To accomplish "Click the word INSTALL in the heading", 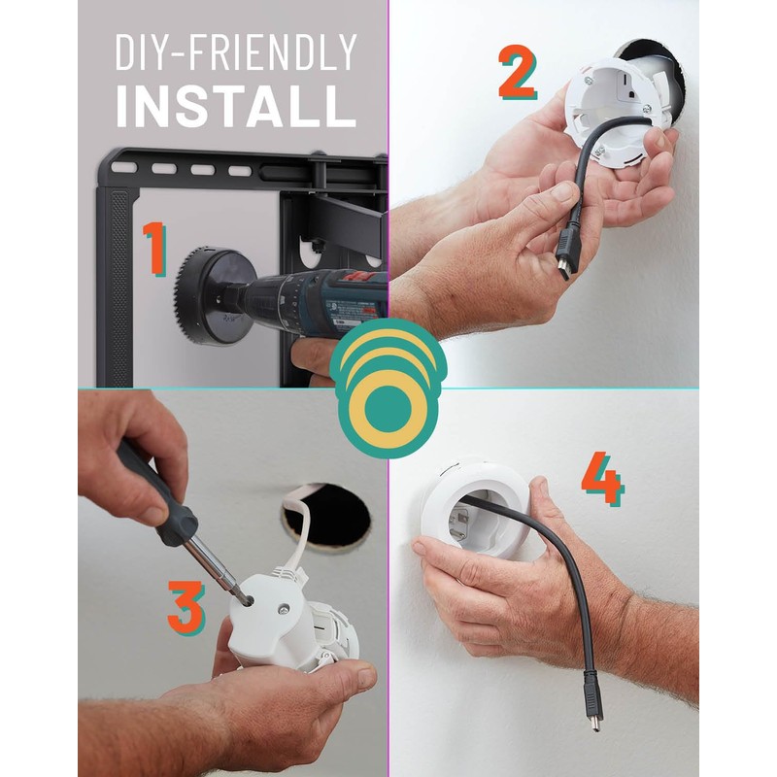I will (x=236, y=108).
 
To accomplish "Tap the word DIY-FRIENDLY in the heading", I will (x=236, y=53).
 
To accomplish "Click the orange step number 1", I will (x=153, y=248).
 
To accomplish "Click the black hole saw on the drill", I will (x=208, y=292).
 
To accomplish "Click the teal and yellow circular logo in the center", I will (x=388, y=388).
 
